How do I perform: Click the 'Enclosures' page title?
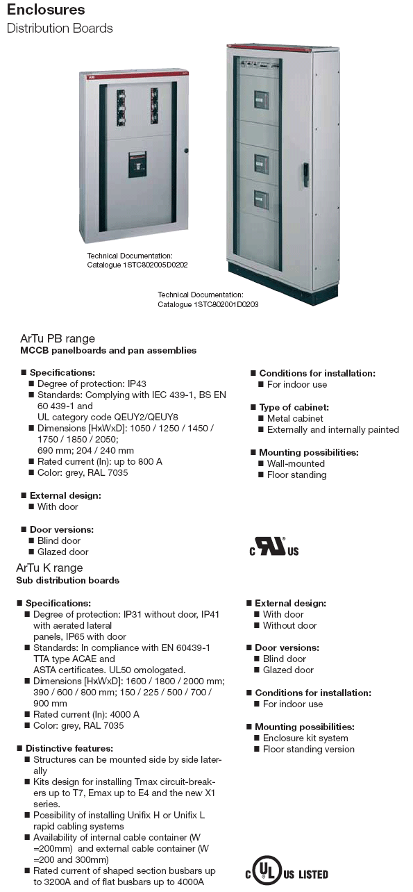[x=46, y=10]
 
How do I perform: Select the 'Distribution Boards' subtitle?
[x=59, y=28]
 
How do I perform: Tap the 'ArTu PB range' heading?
[x=57, y=338]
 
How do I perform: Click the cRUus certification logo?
[x=274, y=547]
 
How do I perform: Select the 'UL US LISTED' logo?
[x=285, y=873]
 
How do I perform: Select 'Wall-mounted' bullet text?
[x=296, y=463]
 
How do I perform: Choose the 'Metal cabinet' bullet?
[x=295, y=418]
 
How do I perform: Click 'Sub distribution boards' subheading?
[x=68, y=580]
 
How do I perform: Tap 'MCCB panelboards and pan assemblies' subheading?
[x=108, y=351]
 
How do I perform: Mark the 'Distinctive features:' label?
[x=69, y=748]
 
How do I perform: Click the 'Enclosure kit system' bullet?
[x=305, y=738]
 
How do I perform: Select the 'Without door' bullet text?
[x=289, y=625]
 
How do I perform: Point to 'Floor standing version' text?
[x=308, y=749]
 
